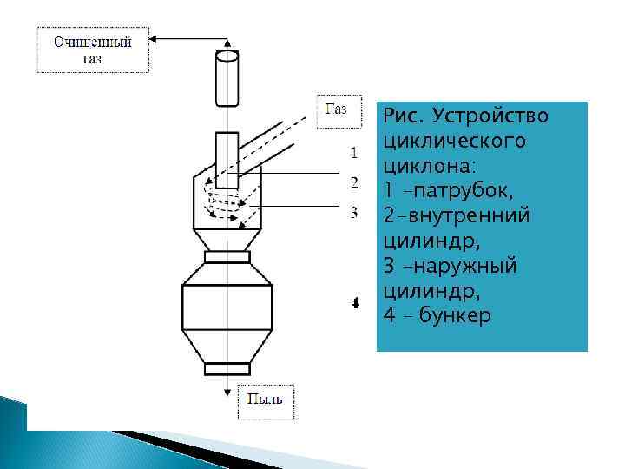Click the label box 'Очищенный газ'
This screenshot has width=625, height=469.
[93, 50]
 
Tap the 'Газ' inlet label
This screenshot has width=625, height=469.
[336, 109]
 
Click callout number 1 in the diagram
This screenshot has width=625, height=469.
[354, 155]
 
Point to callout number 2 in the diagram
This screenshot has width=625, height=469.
[354, 182]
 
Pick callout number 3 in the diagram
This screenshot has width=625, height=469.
[354, 211]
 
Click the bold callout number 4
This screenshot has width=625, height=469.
[355, 304]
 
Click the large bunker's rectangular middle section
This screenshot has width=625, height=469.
[227, 305]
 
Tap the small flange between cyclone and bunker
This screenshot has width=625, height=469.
[227, 256]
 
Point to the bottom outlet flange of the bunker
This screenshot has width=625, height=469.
[227, 368]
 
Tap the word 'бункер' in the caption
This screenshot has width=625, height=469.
[455, 314]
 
